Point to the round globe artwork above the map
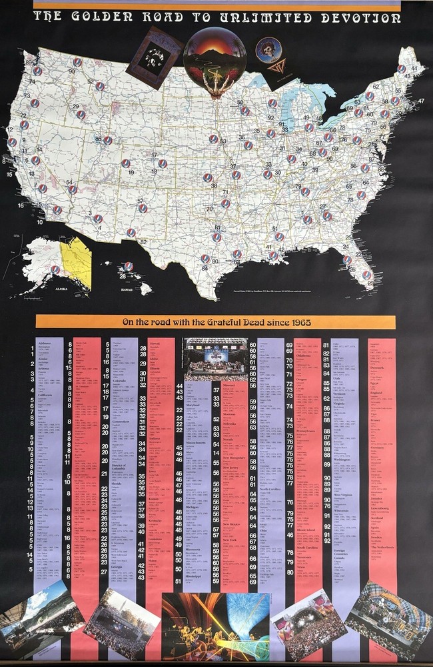(x=215, y=63)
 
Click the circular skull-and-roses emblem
(x=268, y=50)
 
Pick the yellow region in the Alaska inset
(x=77, y=261)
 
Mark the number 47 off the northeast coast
(x=421, y=101)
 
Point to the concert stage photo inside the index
(x=216, y=360)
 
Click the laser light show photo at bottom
(x=215, y=627)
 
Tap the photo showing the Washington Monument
(x=121, y=624)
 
